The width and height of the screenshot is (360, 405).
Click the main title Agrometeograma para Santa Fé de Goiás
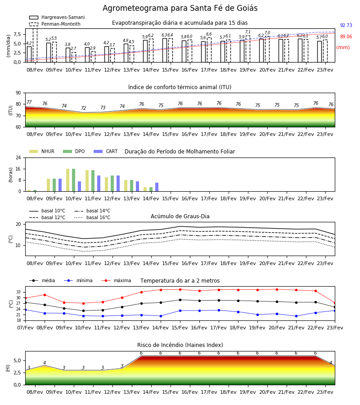(180, 8)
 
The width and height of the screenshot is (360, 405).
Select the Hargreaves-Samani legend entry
(57, 17)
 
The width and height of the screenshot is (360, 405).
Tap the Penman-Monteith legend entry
(55, 24)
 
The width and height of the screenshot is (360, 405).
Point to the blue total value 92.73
(346, 25)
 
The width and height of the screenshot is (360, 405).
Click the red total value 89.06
(346, 37)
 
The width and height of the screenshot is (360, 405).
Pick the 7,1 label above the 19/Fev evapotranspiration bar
(248, 32)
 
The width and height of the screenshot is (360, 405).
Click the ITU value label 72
(83, 108)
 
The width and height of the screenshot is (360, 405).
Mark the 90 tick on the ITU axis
(18, 93)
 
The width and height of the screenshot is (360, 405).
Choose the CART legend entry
(106, 151)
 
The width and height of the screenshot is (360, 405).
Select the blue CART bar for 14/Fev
(157, 187)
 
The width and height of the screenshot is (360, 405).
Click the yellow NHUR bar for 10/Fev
(67, 180)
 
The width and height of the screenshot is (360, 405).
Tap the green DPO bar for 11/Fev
(93, 181)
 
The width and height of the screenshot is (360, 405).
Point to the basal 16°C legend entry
(92, 217)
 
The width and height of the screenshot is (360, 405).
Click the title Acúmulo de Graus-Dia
(180, 216)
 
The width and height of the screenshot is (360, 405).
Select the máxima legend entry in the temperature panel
(116, 280)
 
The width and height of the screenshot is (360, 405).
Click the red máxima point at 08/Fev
(45, 295)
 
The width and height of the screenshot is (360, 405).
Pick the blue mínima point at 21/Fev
(296, 316)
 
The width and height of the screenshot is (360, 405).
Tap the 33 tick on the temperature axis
(18, 292)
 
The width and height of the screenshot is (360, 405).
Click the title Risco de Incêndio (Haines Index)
(180, 345)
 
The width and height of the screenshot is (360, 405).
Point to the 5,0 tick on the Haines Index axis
(17, 360)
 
